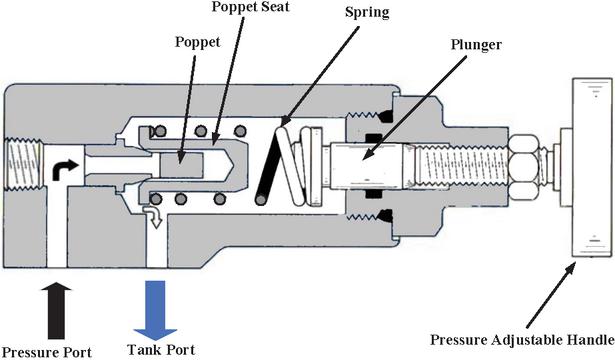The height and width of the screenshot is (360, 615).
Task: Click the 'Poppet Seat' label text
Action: tap(250, 7)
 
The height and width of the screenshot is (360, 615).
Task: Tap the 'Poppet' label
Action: tap(197, 42)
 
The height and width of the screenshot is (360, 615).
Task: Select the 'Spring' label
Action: tap(367, 13)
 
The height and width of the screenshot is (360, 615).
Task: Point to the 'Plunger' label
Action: tap(476, 45)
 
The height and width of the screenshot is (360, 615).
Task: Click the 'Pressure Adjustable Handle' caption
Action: tap(522, 340)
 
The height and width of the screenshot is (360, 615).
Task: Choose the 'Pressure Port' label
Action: tap(47, 352)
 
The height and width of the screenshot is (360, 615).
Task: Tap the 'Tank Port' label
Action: tap(161, 349)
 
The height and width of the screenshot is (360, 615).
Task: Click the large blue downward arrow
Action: tap(155, 310)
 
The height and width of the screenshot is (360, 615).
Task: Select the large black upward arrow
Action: tap(56, 310)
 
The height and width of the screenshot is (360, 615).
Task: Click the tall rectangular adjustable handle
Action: tap(592, 168)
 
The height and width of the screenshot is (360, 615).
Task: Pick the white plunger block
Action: tap(369, 165)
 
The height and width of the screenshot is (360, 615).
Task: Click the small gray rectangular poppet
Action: tap(181, 165)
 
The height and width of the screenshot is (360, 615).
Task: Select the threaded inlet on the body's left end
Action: tap(24, 164)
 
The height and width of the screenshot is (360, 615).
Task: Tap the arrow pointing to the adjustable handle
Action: tap(551, 295)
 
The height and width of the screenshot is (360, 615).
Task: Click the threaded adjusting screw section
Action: tap(461, 165)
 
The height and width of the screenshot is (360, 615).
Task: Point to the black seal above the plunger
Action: tap(374, 138)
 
